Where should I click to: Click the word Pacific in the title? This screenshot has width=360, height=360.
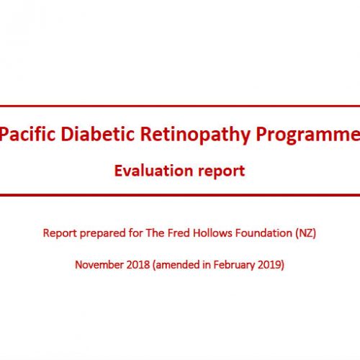[27, 134]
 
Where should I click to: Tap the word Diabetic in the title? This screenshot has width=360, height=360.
[97, 134]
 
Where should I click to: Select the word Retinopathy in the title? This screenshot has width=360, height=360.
[195, 135]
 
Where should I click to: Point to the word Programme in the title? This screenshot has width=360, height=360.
[308, 135]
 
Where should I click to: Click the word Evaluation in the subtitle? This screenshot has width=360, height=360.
[154, 171]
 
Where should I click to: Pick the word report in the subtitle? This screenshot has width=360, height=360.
[222, 172]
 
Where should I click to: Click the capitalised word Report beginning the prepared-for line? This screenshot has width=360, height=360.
[60, 233]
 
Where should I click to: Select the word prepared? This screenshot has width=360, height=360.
[103, 233]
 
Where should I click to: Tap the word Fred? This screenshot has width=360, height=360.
[179, 233]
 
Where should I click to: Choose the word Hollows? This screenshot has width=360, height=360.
[212, 233]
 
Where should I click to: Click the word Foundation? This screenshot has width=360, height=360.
[264, 233]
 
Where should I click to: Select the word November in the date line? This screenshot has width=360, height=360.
[99, 265]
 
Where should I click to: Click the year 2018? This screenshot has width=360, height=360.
[138, 265]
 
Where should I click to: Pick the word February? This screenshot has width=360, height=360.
[234, 266]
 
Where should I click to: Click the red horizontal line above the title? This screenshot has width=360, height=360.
[180, 106]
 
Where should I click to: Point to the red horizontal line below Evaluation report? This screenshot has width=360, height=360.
[180, 195]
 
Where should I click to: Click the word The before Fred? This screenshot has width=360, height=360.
[156, 233]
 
